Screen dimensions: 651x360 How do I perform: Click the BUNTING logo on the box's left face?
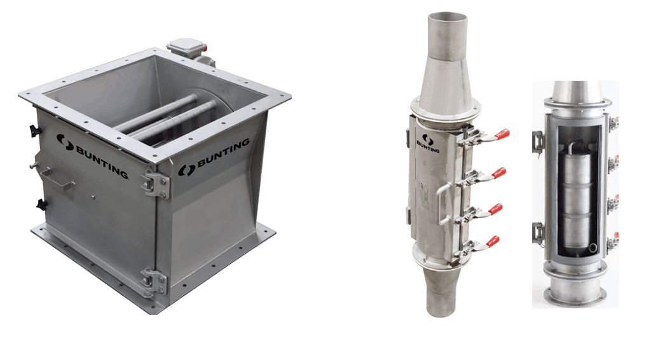(x=92, y=155)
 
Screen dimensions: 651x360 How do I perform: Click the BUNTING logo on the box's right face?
(x=214, y=156)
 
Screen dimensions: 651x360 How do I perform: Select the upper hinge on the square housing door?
(x=155, y=183)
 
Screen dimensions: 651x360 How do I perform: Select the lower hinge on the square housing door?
(x=154, y=282)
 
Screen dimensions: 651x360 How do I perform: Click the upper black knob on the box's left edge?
(x=34, y=131)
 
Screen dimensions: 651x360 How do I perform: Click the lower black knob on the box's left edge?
(x=40, y=204)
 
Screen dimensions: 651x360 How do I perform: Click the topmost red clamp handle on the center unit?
(x=501, y=135)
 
